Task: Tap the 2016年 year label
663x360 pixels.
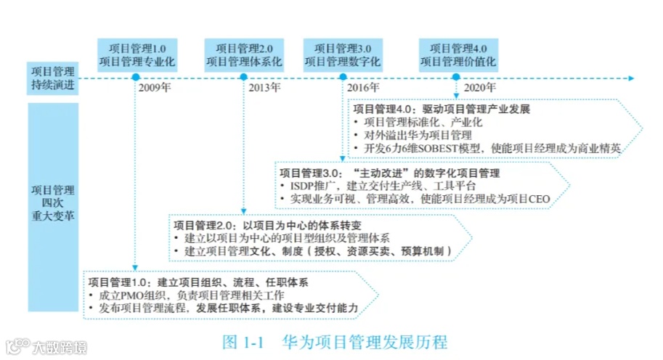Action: pyautogui.click(x=363, y=88)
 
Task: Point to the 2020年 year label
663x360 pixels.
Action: pyautogui.click(x=480, y=88)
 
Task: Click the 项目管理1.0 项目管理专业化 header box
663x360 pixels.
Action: pyautogui.click(x=137, y=54)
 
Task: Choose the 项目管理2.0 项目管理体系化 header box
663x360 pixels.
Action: pyautogui.click(x=244, y=54)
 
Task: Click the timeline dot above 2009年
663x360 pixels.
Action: pyautogui.click(x=135, y=78)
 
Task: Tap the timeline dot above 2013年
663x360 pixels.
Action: pyautogui.click(x=244, y=78)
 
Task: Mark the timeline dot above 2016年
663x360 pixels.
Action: pyautogui.click(x=343, y=78)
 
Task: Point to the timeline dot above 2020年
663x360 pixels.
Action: pyautogui.click(x=456, y=78)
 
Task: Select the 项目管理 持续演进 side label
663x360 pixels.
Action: pyautogui.click(x=53, y=78)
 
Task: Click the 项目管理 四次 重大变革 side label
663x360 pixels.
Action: pyautogui.click(x=53, y=205)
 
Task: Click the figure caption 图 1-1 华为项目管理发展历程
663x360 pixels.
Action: pyautogui.click(x=335, y=341)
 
